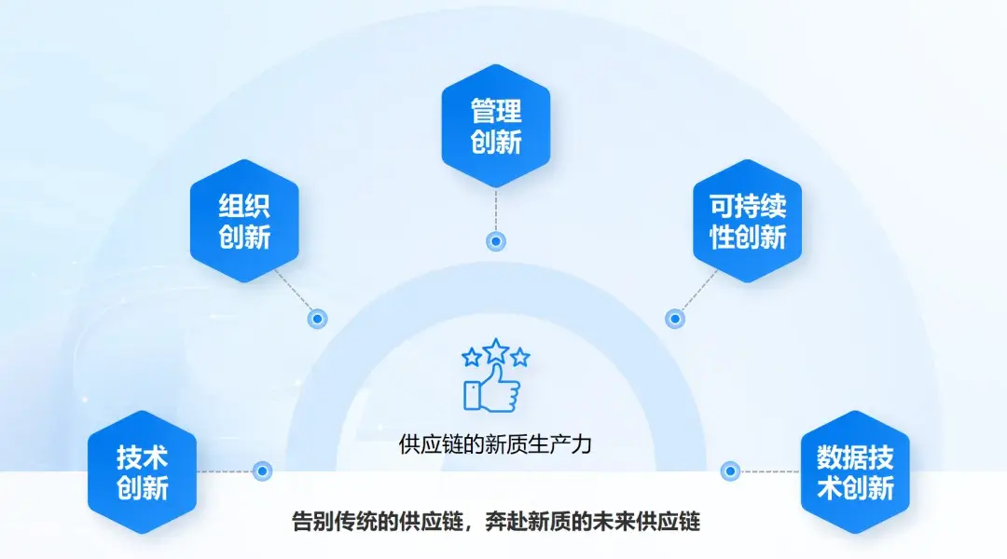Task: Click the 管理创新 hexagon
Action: [495, 126]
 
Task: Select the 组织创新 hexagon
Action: [244, 220]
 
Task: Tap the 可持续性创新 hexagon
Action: [748, 221]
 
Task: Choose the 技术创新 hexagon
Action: [142, 472]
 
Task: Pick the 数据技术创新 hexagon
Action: [855, 472]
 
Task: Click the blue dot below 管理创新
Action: [496, 241]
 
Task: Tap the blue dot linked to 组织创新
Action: [317, 319]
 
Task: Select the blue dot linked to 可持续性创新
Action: [674, 319]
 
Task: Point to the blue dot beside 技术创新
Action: [262, 471]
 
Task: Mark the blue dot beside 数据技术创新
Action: [730, 471]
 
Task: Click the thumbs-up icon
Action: [490, 389]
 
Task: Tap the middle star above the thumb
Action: [496, 349]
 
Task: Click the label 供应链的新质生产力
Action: [495, 443]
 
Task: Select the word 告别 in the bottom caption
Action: [314, 521]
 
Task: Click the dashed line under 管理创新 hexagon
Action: [496, 210]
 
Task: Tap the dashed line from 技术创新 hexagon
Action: [224, 471]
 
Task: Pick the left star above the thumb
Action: [472, 357]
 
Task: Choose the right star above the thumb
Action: [520, 357]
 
